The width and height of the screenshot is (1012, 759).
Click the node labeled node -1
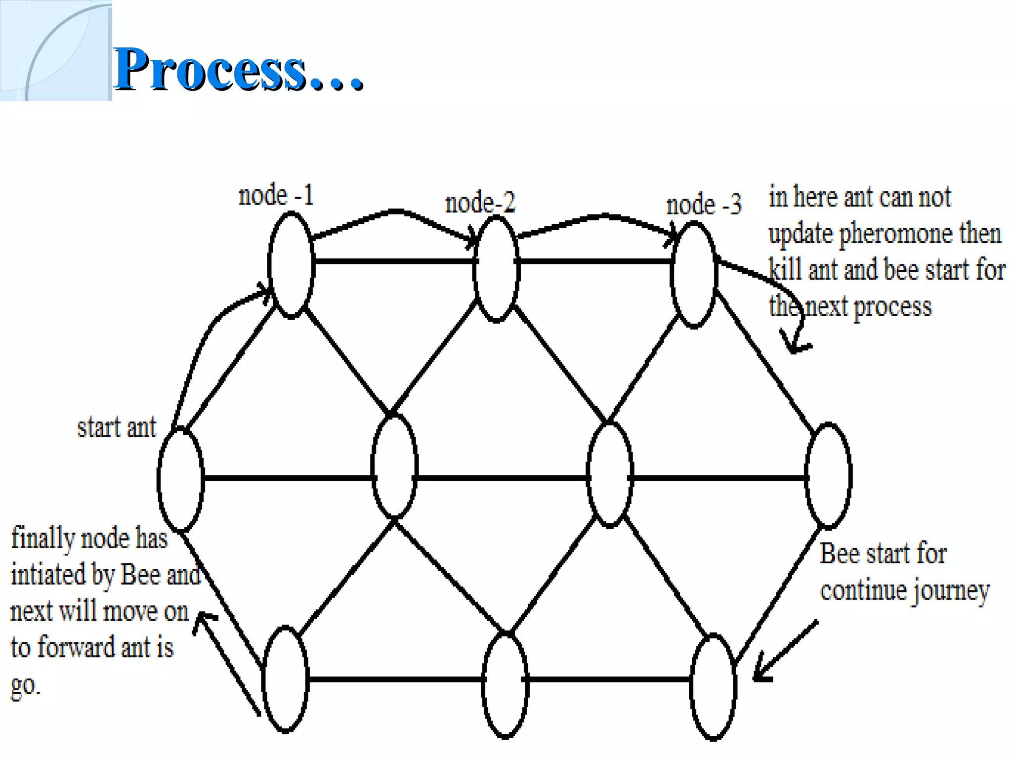[291, 265]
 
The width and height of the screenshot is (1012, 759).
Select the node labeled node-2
[496, 269]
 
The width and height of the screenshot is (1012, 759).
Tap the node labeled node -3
[694, 275]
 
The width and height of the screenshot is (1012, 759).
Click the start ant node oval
[180, 479]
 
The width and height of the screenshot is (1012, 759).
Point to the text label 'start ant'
[117, 427]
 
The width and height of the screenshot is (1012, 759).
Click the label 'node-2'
[480, 203]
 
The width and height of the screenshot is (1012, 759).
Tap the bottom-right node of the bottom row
[713, 686]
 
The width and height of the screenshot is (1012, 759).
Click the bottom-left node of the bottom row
[285, 679]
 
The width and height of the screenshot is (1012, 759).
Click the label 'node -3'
[704, 204]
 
